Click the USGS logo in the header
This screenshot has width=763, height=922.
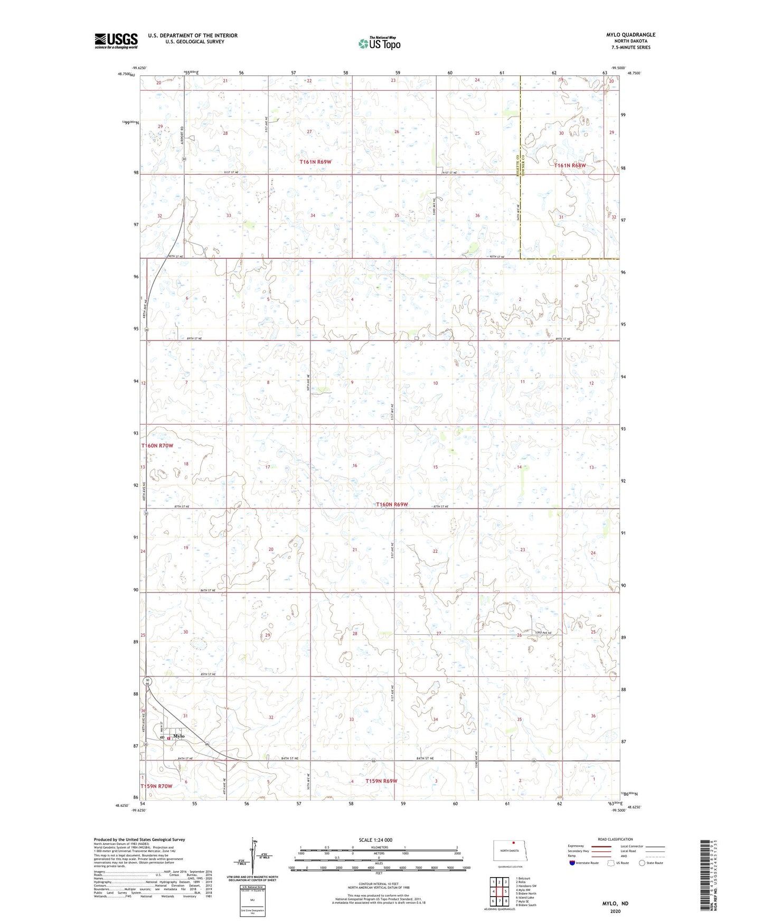pos(116,40)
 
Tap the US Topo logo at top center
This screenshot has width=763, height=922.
pos(379,43)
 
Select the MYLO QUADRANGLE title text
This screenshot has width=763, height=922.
pos(630,35)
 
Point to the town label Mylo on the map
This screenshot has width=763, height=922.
pos(179,736)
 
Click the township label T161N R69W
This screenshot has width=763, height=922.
pos(315,162)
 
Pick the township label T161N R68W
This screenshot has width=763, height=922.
pos(570,165)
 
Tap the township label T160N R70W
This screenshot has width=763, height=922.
pos(157,446)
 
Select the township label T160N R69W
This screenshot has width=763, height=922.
pos(392,504)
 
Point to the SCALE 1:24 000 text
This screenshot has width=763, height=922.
pos(375,840)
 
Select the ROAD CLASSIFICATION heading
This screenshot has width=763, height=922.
pos(615,839)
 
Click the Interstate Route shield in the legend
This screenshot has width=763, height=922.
pos(573,863)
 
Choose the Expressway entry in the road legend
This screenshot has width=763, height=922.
pos(576,846)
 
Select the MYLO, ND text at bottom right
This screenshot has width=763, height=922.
pos(615,904)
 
